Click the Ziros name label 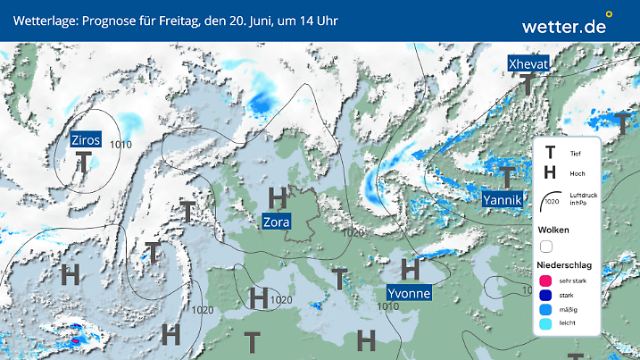pyautogui.click(x=86, y=139)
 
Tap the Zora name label pyautogui.click(x=276, y=222)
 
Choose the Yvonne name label pyautogui.click(x=409, y=293)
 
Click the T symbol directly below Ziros pyautogui.click(x=84, y=163)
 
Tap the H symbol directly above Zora pyautogui.click(x=278, y=197)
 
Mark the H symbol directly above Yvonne pyautogui.click(x=410, y=268)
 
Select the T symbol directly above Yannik pyautogui.click(x=506, y=176)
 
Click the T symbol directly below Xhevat pyautogui.click(x=528, y=85)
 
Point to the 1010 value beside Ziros pyautogui.click(x=121, y=144)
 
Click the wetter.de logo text pyautogui.click(x=563, y=26)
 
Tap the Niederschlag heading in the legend pyautogui.click(x=570, y=265)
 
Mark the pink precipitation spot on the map pyautogui.click(x=75, y=340)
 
